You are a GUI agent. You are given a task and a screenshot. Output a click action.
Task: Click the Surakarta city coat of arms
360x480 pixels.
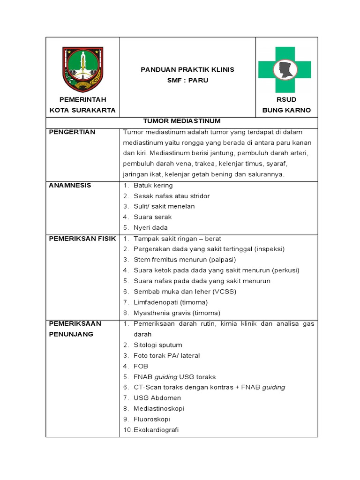pos(82,69)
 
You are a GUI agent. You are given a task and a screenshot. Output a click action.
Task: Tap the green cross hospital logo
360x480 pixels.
pos(284,69)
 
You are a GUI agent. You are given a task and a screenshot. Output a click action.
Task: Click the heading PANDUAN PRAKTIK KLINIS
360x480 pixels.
pos(187,69)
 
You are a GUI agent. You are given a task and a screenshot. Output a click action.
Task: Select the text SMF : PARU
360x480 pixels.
pos(187,80)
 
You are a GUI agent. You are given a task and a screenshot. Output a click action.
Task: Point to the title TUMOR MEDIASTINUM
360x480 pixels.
pos(181,121)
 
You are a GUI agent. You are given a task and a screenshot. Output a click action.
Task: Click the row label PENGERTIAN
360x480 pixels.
pos(72,132)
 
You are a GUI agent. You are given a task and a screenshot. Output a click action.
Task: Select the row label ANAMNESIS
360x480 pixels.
pos(70,185)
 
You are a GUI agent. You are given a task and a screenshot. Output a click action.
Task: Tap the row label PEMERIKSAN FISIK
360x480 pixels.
pos(82,239)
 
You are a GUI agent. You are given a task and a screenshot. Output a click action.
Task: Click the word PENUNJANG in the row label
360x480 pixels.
pos(71,334)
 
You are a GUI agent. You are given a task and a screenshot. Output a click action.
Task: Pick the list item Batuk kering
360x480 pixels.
pos(153,185)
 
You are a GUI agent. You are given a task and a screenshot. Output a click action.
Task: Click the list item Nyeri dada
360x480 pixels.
pos(150,228)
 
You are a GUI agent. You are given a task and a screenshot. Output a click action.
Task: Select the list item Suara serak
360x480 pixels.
pos(152,217)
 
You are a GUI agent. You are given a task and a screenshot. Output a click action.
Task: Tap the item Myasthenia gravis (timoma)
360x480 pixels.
pos(177,313)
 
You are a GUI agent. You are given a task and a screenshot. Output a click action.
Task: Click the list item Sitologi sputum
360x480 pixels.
pos(157,345)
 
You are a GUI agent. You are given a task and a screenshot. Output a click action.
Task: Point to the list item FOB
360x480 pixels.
pos(141,366)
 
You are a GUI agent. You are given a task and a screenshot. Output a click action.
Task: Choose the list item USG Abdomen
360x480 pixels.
pos(157,398)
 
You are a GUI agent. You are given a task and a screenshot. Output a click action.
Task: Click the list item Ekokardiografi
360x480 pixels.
pos(156,430)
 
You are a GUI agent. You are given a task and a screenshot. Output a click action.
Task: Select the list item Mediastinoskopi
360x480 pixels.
pos(159,409)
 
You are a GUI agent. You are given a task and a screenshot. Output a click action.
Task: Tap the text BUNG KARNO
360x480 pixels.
pos(286,111)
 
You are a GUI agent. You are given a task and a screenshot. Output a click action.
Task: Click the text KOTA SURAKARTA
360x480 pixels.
pos(82,111)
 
